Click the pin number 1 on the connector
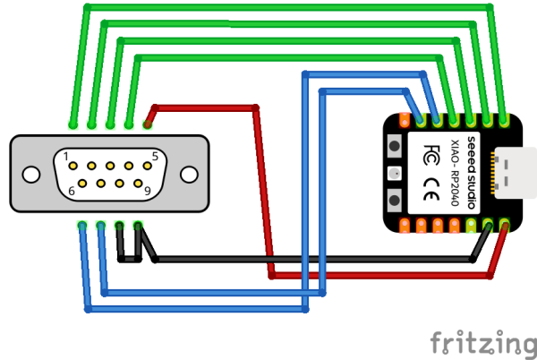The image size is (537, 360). [x=66, y=156]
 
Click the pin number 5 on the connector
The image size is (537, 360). [x=155, y=156]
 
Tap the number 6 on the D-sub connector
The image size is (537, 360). [x=70, y=189]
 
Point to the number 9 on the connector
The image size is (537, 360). [x=147, y=189]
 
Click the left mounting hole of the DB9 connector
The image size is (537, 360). [x=32, y=174]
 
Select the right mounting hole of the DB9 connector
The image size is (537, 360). [x=189, y=174]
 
